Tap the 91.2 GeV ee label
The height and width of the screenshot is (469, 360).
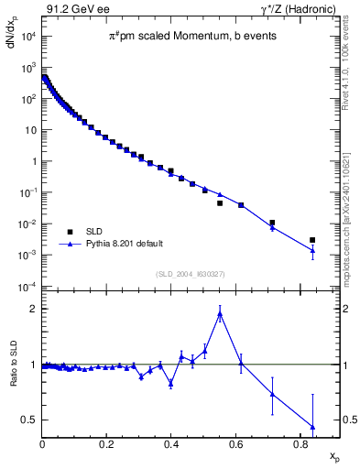(x=69, y=9)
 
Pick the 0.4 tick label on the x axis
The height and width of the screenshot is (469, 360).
(x=171, y=445)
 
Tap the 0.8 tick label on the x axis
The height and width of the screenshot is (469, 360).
(x=300, y=445)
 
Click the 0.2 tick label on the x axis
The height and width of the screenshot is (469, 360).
(x=107, y=445)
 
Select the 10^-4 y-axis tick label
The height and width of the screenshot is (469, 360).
(x=27, y=287)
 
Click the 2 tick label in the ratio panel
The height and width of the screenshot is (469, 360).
(x=33, y=309)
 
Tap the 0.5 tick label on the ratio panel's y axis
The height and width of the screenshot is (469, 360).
(x=29, y=420)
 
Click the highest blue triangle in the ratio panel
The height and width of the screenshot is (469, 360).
(x=220, y=313)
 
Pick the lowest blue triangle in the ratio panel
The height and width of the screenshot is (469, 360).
(x=312, y=427)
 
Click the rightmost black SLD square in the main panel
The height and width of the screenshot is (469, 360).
(x=312, y=240)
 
